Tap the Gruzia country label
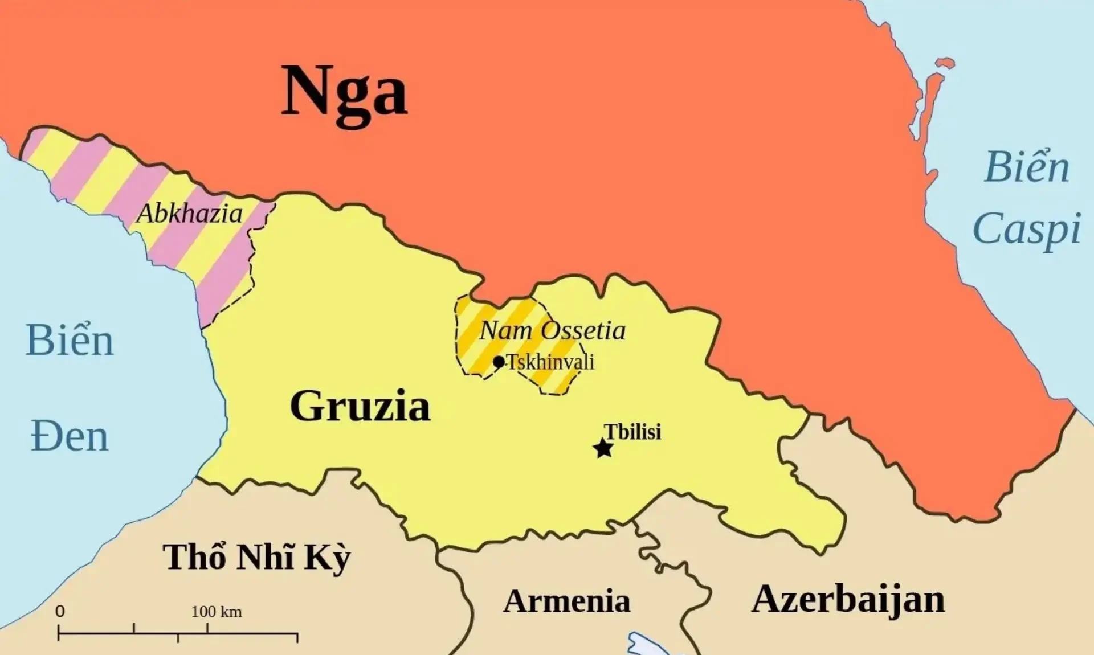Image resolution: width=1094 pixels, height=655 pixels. [x=360, y=406]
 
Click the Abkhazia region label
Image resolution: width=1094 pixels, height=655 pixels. [x=189, y=214]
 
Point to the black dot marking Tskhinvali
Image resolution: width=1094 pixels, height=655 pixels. [x=499, y=362]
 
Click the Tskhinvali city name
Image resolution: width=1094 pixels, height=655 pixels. [x=550, y=362]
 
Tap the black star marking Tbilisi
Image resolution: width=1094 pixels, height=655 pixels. [x=603, y=448]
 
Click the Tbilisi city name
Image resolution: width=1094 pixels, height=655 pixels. [x=632, y=431]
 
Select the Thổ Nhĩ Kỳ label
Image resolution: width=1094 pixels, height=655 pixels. [x=256, y=557]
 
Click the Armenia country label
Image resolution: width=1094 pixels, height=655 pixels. [x=566, y=601]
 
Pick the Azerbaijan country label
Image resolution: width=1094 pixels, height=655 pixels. [x=848, y=599]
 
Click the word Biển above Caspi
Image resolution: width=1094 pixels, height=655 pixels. [x=1027, y=166]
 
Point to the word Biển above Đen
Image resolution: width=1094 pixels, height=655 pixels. [x=70, y=340]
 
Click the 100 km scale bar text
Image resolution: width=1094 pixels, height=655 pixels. [x=217, y=612]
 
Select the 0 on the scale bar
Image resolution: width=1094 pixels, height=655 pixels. [x=60, y=611]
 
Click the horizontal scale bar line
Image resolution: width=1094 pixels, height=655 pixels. [x=178, y=632]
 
